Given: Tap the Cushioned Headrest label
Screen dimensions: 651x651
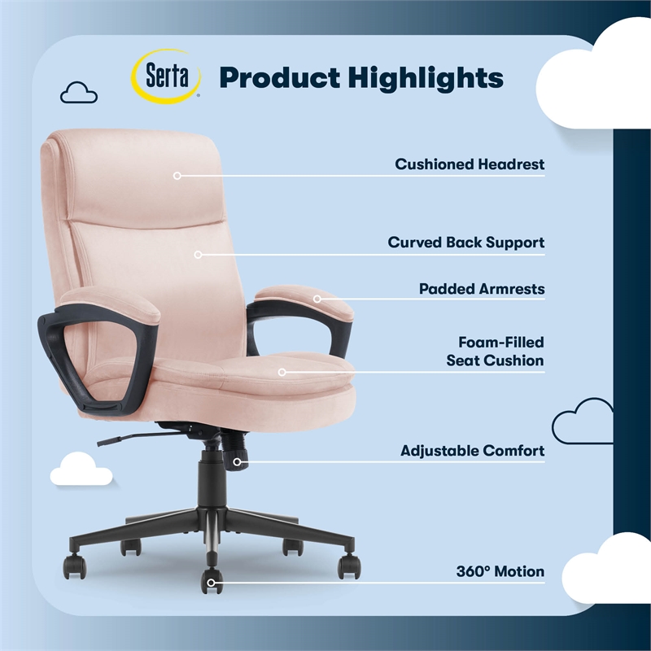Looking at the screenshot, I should point(470,164).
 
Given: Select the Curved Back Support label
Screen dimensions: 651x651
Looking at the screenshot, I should point(465,242).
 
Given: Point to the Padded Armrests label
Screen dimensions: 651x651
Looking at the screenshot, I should point(482,289).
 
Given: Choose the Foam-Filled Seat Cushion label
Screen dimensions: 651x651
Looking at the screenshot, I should point(495,352).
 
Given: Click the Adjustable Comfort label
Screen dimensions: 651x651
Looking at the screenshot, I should point(472,451).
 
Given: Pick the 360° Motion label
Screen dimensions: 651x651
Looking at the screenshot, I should point(500,572).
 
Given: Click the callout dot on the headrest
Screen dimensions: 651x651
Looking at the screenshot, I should point(177,175).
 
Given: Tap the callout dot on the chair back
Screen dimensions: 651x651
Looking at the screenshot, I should point(198,254).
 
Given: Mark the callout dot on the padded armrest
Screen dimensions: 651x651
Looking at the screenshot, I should point(318,299).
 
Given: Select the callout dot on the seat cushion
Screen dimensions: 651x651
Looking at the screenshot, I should point(282,373).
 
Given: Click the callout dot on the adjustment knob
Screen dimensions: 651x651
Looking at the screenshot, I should point(237,462).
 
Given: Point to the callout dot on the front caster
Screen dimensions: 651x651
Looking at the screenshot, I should point(212,582).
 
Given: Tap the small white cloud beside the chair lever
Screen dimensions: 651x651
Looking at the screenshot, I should point(81,469).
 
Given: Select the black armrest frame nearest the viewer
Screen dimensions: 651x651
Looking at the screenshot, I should point(77,358).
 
